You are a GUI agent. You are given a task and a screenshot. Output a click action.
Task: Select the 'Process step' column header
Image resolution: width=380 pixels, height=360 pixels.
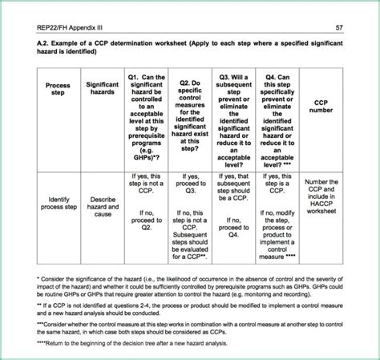coord(58,91)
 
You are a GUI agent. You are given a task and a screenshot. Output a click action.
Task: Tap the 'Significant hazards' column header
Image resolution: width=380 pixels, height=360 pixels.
coord(102,91)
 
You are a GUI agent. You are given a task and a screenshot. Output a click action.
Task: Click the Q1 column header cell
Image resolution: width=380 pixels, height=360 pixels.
coord(144,116)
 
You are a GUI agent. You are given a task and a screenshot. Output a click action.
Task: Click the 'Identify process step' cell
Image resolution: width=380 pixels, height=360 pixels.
coord(58,204)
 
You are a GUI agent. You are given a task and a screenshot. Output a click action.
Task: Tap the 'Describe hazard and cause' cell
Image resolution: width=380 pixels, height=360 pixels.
coord(102,204)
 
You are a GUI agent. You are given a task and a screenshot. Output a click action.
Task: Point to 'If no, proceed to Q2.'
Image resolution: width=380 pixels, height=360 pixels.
coord(144,220)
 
